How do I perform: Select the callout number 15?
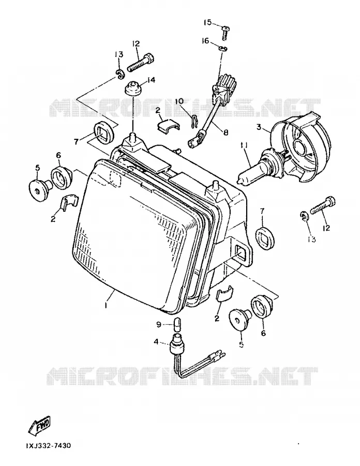207,23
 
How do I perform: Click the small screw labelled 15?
225,33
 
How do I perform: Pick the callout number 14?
151,80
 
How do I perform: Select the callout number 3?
259,127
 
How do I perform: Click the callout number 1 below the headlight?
106,305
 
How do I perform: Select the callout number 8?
226,133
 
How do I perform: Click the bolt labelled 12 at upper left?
141,62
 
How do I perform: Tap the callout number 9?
158,325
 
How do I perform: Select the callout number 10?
179,101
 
